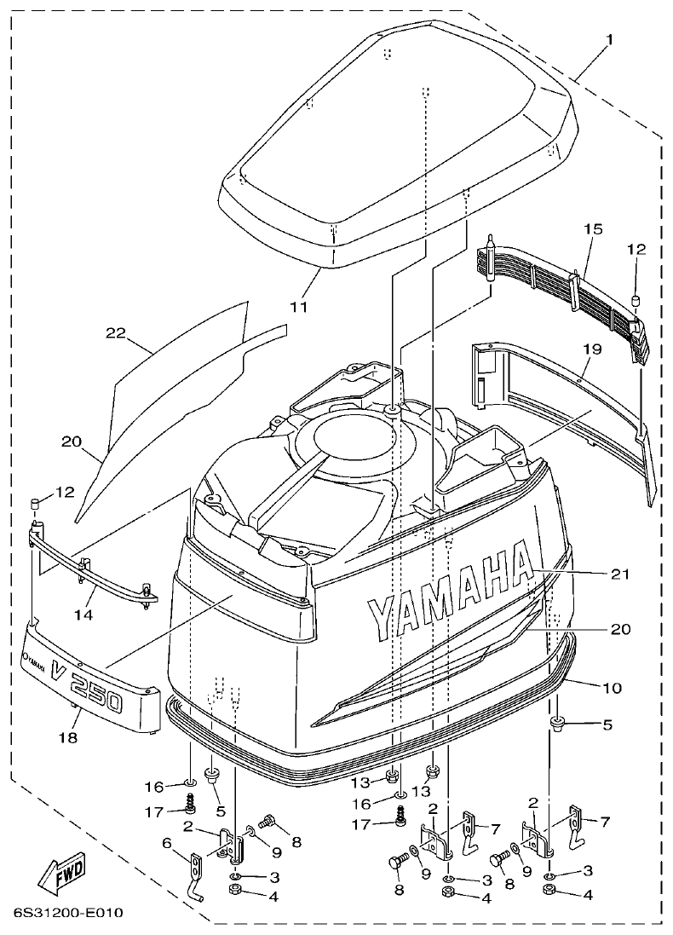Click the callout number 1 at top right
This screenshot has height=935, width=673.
[609, 40]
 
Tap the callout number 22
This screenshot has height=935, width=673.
[116, 333]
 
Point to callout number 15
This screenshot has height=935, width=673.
[594, 229]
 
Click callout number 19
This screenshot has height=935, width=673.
[593, 349]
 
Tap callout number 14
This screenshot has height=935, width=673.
[83, 612]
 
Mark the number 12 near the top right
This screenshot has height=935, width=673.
[636, 250]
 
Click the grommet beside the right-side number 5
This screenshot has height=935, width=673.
[557, 725]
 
